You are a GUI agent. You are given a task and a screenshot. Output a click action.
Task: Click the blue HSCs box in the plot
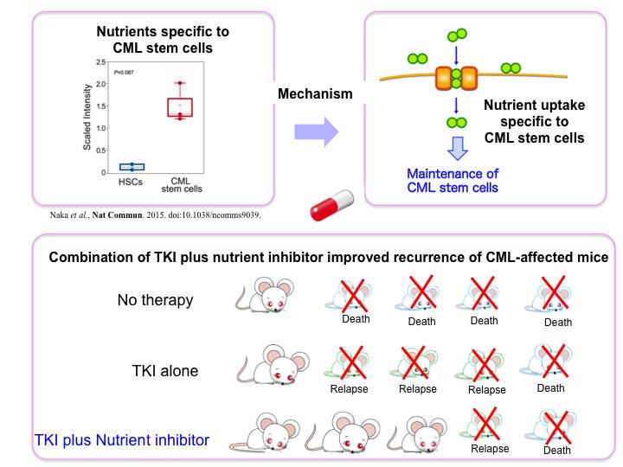coord(132,166)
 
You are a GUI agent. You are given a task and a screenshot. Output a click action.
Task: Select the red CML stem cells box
coord(179,106)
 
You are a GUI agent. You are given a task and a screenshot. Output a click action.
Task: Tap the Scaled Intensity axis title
coord(87,120)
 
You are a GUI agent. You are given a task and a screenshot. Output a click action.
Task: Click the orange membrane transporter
coord(456,80)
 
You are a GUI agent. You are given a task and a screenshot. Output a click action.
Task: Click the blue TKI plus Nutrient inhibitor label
coord(121,440)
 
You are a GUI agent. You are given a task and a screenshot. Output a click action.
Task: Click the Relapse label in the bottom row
coord(490,449)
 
